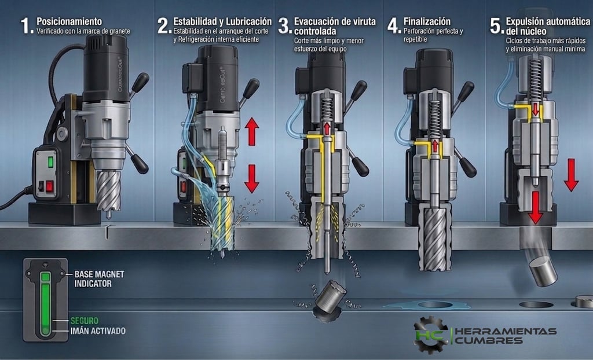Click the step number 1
pos(27,25)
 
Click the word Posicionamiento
pos(69,21)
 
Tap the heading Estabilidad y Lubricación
pos(222,21)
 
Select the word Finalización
pos(427,21)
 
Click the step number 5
pos(496,25)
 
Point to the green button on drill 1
pos(50,162)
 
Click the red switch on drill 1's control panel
pos(50,186)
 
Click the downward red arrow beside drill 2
pos(251,178)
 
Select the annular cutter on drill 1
pos(108,193)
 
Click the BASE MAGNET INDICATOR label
pos(99,279)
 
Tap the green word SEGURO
pos(85,321)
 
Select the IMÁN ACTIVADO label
pos(98,331)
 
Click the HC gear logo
pos(430,335)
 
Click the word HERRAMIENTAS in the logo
pos(505,331)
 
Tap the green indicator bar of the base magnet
pos(45,304)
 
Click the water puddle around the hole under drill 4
pos(427,305)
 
